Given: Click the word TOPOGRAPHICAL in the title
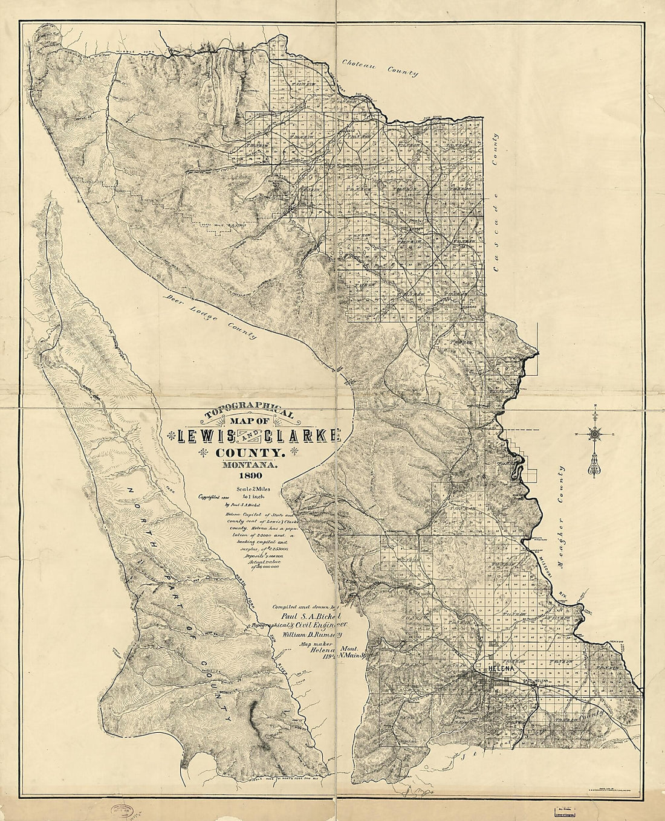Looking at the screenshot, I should tap(250, 411).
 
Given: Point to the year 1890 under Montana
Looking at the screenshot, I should tap(250, 480).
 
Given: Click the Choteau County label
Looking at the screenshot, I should tap(380, 68).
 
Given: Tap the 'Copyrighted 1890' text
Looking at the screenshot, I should tap(210, 497).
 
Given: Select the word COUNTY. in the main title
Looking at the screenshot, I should tap(248, 452).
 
